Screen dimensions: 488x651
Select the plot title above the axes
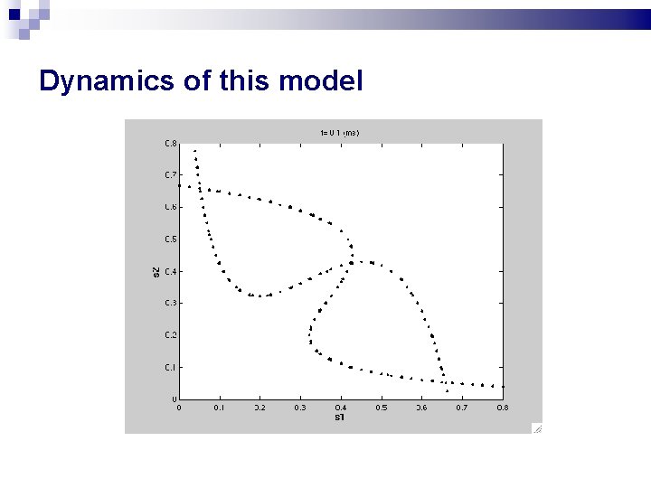click(x=339, y=133)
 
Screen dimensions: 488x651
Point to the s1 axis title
click(x=340, y=418)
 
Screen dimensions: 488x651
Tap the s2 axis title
click(x=156, y=270)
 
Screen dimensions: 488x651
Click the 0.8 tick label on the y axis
click(x=170, y=143)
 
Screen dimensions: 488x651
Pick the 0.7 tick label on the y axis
click(x=170, y=174)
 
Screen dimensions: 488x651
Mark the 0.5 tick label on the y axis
click(x=170, y=239)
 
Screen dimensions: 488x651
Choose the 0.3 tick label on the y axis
click(x=170, y=303)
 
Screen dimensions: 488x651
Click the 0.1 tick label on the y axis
click(x=170, y=367)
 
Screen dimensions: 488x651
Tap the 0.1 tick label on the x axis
click(x=219, y=408)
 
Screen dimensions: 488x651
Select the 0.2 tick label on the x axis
click(x=259, y=408)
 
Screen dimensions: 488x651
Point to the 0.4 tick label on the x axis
click(x=341, y=408)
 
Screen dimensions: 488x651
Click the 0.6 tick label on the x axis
click(x=421, y=408)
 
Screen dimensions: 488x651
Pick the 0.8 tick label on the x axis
click(x=502, y=408)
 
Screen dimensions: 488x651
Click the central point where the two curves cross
click(x=351, y=263)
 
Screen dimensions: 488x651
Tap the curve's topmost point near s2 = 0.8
click(x=194, y=151)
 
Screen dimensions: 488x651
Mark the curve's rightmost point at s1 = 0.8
click(x=502, y=387)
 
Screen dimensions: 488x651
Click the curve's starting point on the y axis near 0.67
click(x=179, y=185)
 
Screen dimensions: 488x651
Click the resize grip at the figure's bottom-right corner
click(x=536, y=429)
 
